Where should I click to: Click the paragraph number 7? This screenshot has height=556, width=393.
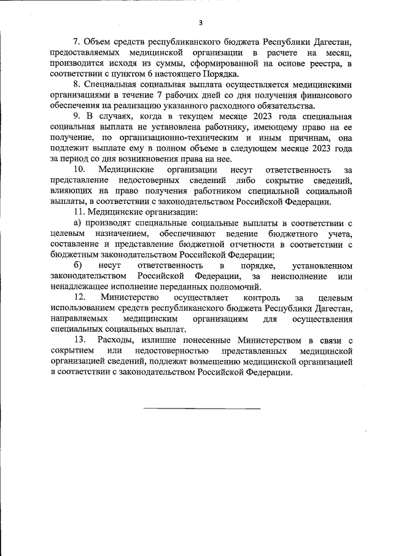click(x=77, y=42)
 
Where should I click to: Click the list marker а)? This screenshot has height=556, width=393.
click(x=77, y=224)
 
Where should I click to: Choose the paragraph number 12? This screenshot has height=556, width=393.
click(x=79, y=297)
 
